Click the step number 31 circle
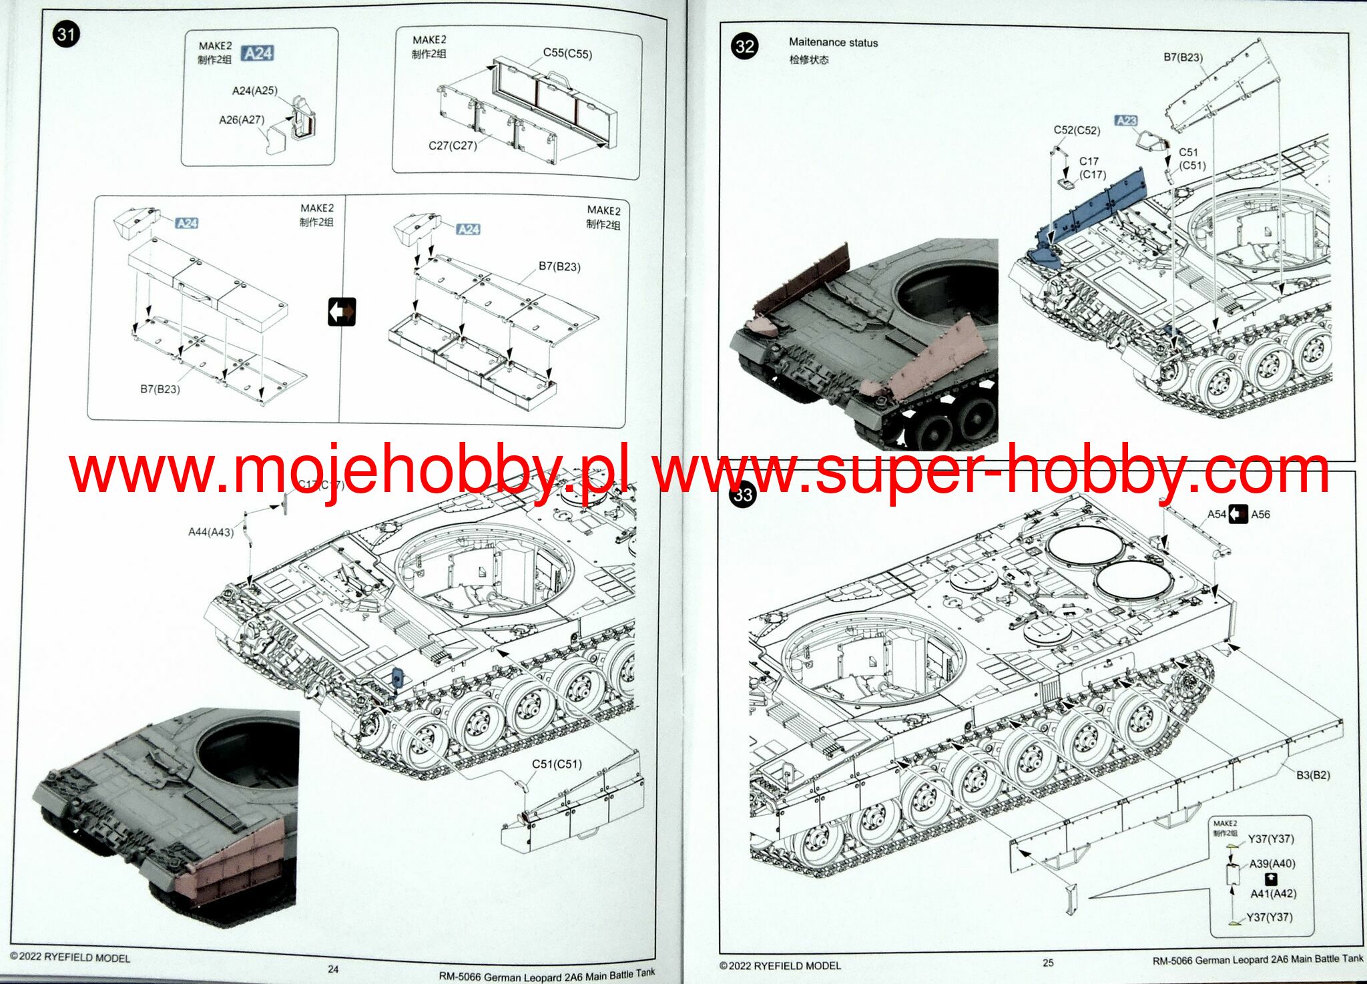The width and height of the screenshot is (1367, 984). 65,34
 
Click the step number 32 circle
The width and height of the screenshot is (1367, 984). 745,46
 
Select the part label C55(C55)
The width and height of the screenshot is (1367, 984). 567,53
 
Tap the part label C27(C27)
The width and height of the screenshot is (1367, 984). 453,146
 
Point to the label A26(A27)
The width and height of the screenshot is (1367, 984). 242,120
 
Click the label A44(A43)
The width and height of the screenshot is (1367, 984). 211,532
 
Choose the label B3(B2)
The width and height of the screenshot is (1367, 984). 1313,775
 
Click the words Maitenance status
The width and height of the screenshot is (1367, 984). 833,42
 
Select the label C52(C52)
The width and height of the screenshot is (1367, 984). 1077,130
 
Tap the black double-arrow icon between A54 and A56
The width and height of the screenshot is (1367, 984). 1238,514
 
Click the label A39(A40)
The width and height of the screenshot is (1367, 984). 1272,863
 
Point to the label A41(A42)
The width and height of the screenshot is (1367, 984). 1273,893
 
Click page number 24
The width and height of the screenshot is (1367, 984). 333,969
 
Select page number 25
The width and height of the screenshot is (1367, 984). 1048,963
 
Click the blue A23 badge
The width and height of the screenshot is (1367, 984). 1126,121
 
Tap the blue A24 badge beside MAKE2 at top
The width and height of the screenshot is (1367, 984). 258,53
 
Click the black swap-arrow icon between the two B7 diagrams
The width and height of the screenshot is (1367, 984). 342,312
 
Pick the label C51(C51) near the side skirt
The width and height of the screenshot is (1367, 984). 557,764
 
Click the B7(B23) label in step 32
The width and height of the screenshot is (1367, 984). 1183,57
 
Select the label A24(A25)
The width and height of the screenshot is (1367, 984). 254,91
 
